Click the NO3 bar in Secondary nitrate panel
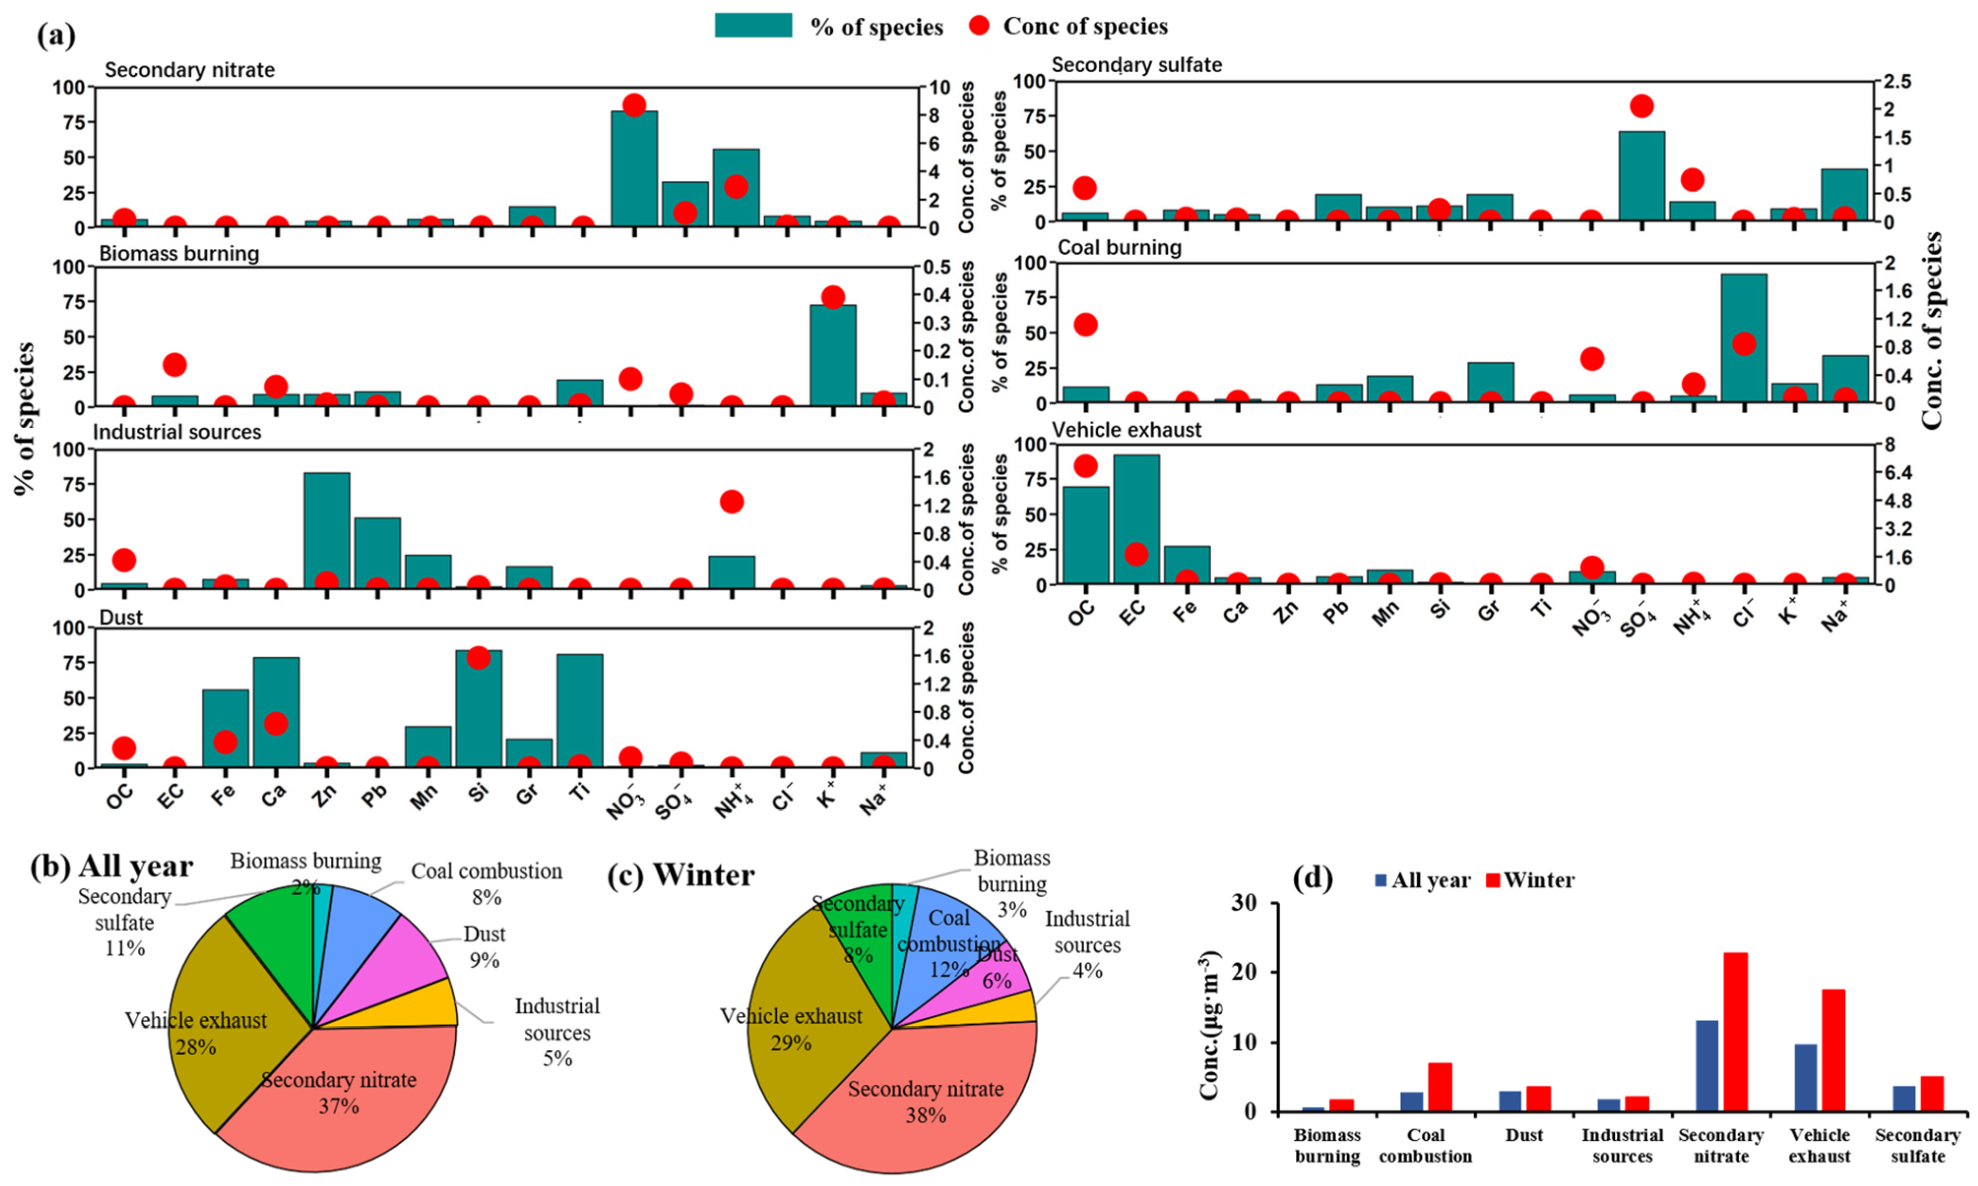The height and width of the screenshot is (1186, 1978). click(634, 169)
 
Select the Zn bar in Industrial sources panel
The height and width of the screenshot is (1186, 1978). click(326, 531)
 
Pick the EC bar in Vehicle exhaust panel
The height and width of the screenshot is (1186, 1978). click(1136, 519)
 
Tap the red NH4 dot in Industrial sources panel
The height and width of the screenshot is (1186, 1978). click(731, 502)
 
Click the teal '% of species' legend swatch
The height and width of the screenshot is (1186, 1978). click(753, 26)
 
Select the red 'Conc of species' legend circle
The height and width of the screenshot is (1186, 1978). click(979, 26)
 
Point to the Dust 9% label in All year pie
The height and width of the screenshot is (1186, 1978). click(484, 946)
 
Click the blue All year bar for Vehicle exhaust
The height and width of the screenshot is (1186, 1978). click(1805, 1077)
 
